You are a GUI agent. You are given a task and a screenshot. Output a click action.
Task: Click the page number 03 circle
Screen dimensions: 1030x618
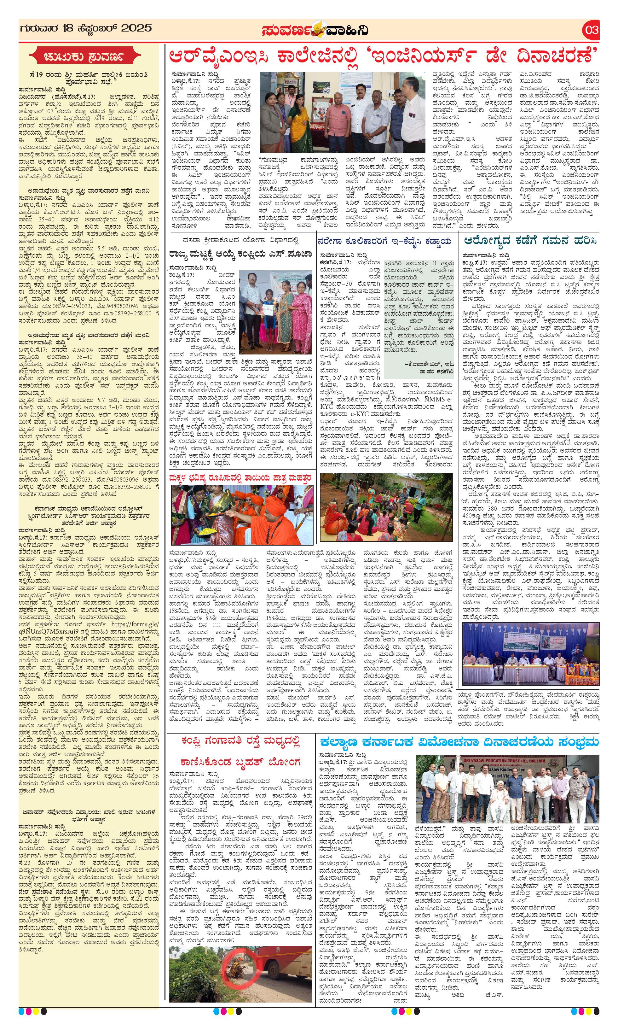pyautogui.click(x=591, y=30)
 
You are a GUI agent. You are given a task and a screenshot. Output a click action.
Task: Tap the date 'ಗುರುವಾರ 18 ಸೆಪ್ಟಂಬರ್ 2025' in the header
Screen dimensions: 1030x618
pyautogui.click(x=85, y=29)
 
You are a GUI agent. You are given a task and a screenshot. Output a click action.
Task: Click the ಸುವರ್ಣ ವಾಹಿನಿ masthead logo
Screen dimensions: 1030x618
pyautogui.click(x=315, y=30)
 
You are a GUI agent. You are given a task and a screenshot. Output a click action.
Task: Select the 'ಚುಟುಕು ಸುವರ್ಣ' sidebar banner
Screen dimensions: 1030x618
pyautogui.click(x=88, y=57)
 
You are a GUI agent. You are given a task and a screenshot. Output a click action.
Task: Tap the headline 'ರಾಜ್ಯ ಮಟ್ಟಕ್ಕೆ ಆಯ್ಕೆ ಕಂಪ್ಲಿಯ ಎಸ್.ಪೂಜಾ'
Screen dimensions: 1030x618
pyautogui.click(x=241, y=255)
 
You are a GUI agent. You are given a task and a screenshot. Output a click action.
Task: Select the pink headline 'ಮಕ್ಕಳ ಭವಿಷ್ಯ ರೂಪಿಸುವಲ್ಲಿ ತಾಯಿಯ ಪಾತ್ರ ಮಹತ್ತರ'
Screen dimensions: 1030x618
pyautogui.click(x=241, y=478)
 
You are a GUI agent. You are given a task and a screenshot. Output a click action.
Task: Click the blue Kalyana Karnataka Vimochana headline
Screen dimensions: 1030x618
pyautogui.click(x=459, y=742)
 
